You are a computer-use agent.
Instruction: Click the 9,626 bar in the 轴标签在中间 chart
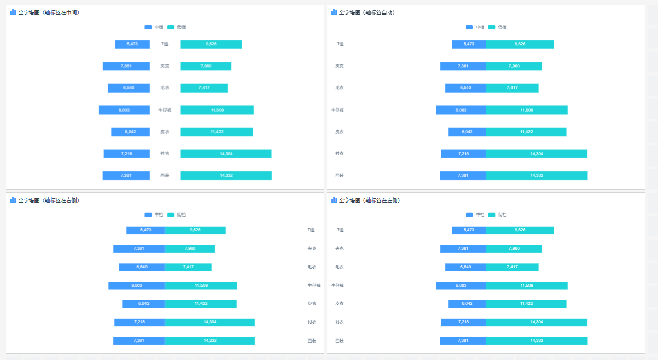tap(211, 44)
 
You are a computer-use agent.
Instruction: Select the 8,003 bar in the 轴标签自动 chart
tap(461, 110)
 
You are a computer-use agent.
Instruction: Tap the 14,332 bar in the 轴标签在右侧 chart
tap(210, 341)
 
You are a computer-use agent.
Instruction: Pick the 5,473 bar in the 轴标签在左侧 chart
tap(469, 230)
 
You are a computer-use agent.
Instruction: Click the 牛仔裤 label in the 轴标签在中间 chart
tap(164, 110)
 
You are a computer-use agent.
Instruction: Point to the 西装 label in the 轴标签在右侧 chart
tap(312, 341)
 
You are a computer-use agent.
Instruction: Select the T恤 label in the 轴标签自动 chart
tap(340, 44)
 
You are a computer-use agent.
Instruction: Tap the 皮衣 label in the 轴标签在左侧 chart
tap(339, 304)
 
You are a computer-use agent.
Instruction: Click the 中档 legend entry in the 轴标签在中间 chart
tap(154, 27)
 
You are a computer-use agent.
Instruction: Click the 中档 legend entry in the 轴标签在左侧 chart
tap(475, 215)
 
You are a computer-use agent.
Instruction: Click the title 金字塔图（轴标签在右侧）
tap(48, 201)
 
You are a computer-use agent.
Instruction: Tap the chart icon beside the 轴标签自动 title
tap(334, 12)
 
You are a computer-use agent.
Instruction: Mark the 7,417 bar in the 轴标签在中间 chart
tap(204, 88)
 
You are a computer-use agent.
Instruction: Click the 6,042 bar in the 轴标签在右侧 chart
tap(144, 304)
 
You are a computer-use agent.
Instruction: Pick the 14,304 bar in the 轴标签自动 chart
tap(536, 154)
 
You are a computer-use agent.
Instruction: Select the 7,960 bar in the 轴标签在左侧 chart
tap(514, 249)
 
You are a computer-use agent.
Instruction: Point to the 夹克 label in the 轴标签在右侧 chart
tap(312, 249)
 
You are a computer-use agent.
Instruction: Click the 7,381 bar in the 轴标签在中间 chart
tap(126, 176)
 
